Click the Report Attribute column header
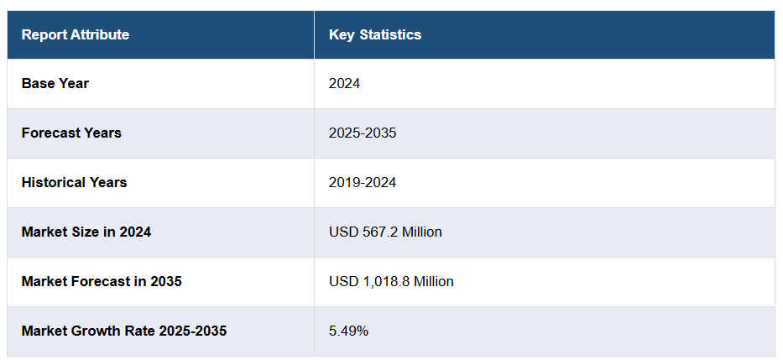[76, 35]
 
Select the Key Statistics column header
[375, 35]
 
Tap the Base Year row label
[55, 84]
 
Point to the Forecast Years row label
[71, 133]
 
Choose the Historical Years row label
[75, 183]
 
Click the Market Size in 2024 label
[86, 232]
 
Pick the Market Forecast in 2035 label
[102, 282]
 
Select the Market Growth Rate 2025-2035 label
[124, 331]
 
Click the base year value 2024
[344, 84]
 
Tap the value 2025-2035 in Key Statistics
[363, 133]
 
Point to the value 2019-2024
[363, 183]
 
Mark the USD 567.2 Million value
[385, 232]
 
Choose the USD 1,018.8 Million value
[391, 282]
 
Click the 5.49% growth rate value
[348, 331]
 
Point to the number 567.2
[378, 232]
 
